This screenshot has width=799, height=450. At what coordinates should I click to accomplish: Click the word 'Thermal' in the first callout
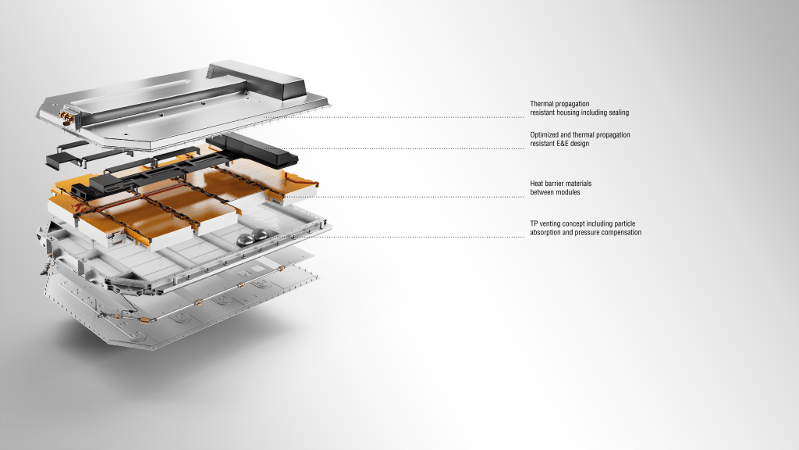pyautogui.click(x=542, y=104)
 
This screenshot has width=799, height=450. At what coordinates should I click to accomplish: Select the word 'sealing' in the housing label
pyautogui.click(x=619, y=112)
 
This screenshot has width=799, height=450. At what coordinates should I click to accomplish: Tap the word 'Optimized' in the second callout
pyautogui.click(x=544, y=134)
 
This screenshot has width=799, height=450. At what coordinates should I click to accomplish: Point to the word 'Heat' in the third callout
pyautogui.click(x=537, y=183)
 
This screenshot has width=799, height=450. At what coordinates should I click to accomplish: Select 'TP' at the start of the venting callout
pyautogui.click(x=534, y=223)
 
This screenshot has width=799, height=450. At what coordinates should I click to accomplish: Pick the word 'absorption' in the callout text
pyautogui.click(x=545, y=232)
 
